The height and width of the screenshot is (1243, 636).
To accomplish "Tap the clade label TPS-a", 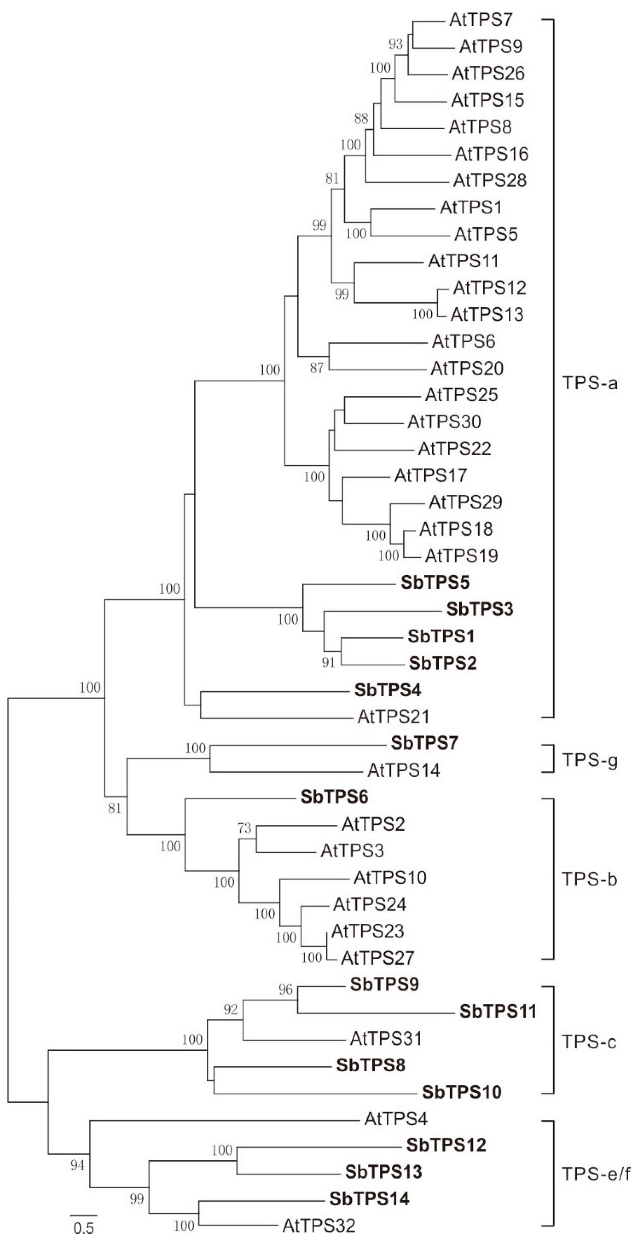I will (590, 384).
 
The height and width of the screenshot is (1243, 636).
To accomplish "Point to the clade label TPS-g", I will (590, 761).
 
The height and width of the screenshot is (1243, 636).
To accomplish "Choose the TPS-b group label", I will (590, 880).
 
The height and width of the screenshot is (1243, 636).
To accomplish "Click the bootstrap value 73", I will (245, 828).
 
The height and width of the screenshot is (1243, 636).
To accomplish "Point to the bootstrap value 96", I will (286, 990).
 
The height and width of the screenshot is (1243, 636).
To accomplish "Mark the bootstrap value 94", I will (78, 1165).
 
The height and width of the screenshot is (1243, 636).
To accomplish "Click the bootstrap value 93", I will (396, 44).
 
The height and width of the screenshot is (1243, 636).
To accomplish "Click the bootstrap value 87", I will (316, 368).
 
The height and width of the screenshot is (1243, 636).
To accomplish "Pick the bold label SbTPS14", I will (369, 1199).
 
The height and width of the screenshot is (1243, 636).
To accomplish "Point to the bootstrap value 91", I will (328, 662).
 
